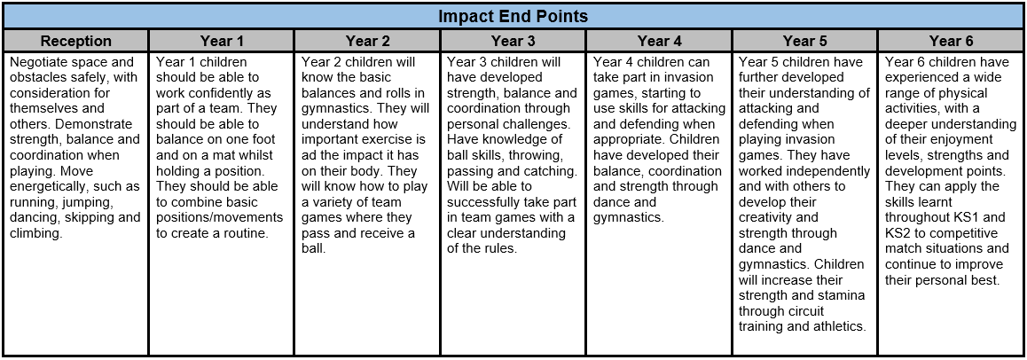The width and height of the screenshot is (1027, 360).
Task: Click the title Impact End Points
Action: tap(513, 16)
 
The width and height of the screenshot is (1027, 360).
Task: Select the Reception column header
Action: tap(76, 42)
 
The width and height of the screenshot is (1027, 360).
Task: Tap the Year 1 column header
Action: tap(222, 42)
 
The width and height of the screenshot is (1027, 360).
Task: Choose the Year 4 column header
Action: tap(660, 42)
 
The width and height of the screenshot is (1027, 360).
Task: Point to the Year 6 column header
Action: tap(952, 42)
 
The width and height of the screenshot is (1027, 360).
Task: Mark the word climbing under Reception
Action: tap(36, 233)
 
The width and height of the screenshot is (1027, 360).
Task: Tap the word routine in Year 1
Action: tap(247, 233)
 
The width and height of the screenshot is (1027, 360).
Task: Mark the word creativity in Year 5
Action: tap(769, 217)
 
